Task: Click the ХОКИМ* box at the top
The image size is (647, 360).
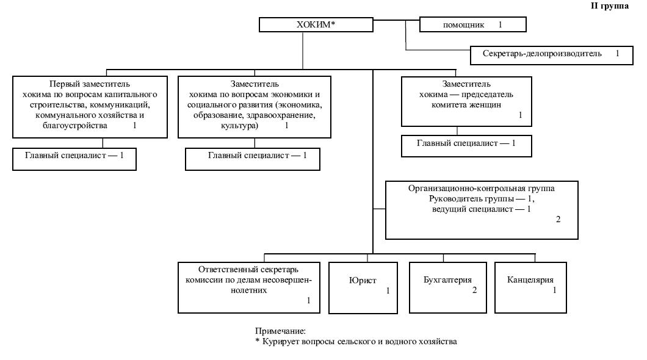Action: pos(316,25)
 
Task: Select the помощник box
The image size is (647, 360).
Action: pos(472,25)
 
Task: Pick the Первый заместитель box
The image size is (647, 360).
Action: pos(90,105)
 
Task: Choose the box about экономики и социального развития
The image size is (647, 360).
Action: pos(255,105)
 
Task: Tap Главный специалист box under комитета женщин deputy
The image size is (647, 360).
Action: pos(466,144)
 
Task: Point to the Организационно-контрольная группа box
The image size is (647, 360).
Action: pos(482,209)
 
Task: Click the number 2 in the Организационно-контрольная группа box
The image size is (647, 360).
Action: pos(558,219)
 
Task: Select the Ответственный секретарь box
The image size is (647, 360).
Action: pos(248,286)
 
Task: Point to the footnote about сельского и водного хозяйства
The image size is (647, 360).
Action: pos(356,342)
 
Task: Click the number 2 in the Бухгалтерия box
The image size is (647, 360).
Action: pos(474,290)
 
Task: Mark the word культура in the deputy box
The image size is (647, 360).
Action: pos(238,126)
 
